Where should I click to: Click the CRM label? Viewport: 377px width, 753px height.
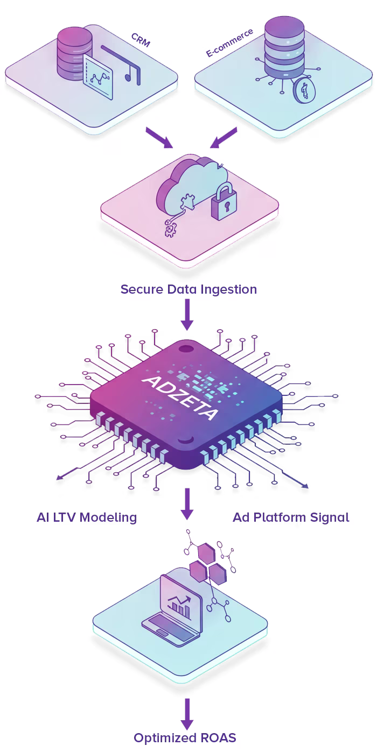(x=141, y=40)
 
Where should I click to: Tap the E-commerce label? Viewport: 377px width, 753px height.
(x=230, y=43)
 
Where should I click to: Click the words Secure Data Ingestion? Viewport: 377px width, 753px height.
(x=188, y=289)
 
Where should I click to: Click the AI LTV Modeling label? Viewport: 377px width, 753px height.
(x=87, y=517)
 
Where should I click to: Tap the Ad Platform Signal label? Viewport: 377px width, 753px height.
(x=291, y=517)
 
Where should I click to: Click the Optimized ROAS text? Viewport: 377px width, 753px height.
(x=185, y=737)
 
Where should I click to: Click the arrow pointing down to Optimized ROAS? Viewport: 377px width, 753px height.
(x=187, y=713)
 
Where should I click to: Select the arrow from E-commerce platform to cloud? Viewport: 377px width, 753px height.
(x=223, y=137)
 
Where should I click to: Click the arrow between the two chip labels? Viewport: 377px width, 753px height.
(x=187, y=503)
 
